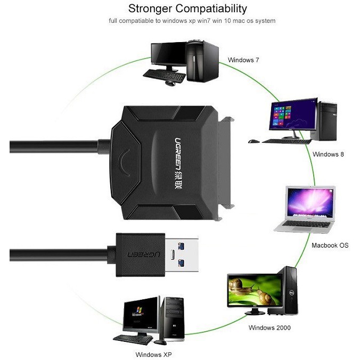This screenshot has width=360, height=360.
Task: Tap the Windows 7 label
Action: point(243,60)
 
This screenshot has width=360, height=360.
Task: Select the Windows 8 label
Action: point(329,154)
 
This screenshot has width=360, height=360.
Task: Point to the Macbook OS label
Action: point(330,246)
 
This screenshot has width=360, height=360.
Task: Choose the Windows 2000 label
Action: point(269,328)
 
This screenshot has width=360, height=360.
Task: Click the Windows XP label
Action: point(154,354)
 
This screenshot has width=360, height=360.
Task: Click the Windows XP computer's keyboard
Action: point(133,338)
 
